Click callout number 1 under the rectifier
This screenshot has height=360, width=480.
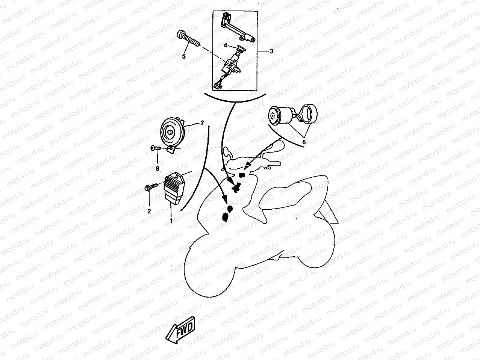coord(171,221)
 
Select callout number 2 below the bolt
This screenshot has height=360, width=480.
coord(149,211)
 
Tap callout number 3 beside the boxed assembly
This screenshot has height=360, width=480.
coord(271,51)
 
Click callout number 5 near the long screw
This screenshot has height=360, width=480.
coord(184,57)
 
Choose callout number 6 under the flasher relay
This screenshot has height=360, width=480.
coord(304,143)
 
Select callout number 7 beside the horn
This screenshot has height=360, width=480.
coord(202,123)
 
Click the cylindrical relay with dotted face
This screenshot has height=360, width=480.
coord(278,115)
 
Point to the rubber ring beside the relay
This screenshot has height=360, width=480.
coord(310,112)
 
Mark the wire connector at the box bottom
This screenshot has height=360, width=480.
coord(218,85)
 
